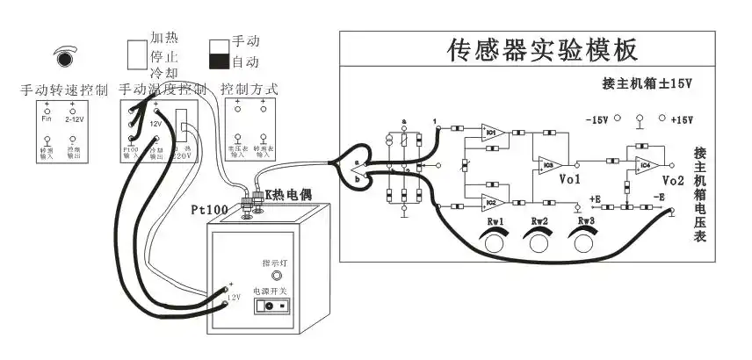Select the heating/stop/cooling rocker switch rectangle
click(x=135, y=54)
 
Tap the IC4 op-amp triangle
click(x=643, y=162)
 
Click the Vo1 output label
click(x=570, y=179)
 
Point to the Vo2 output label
click(x=674, y=180)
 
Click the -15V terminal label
click(x=597, y=119)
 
